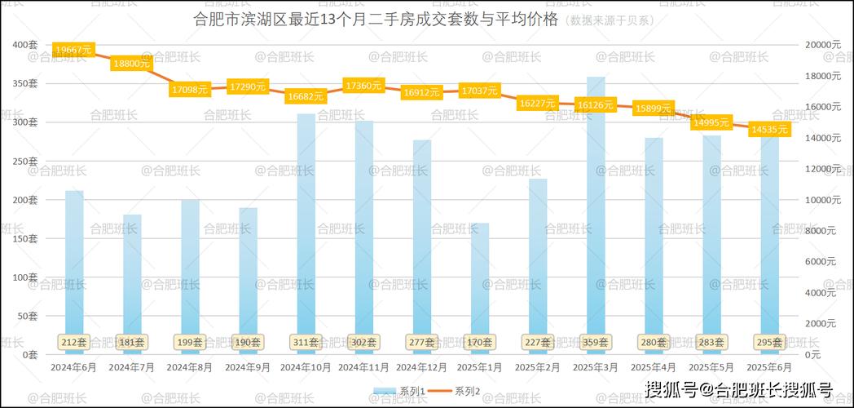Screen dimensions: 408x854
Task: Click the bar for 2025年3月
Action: (596, 212)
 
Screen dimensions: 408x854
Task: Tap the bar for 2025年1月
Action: (480, 286)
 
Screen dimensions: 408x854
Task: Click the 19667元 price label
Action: (73, 51)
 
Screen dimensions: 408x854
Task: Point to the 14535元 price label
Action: (769, 130)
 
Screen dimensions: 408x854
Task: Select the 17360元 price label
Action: (364, 86)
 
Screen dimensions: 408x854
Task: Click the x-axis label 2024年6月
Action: (74, 368)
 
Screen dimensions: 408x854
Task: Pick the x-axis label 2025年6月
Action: (769, 368)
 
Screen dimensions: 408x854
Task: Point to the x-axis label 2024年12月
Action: (421, 368)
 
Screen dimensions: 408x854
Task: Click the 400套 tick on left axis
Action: (25, 45)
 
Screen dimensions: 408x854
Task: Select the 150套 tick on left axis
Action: (25, 238)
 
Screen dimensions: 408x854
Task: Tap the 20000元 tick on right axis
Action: (821, 45)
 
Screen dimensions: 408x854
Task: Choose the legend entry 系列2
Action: (459, 392)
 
